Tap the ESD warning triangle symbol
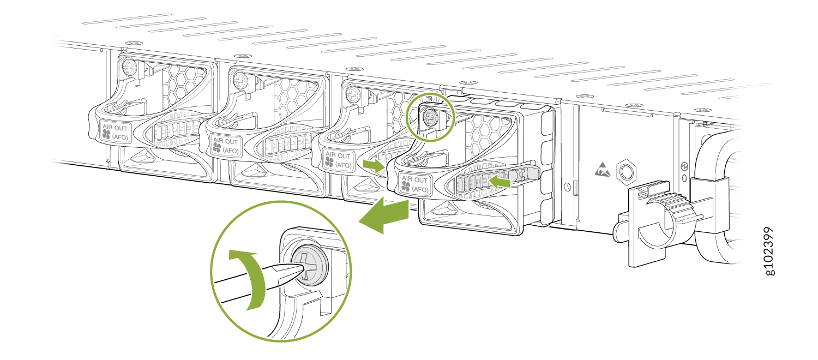603,170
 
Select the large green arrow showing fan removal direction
383,215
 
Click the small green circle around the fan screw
431,117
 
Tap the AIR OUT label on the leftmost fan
115,132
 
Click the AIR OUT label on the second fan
226,146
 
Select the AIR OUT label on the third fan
338,160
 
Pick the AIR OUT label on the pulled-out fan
415,184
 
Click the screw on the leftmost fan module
129,67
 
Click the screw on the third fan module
353,93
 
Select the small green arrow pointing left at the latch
500,181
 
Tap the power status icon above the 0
684,166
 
